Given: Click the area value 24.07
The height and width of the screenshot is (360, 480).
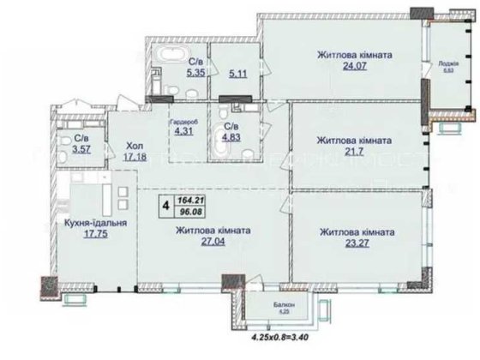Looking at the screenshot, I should (x=355, y=69).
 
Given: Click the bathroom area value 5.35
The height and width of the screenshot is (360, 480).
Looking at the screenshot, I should (x=196, y=73).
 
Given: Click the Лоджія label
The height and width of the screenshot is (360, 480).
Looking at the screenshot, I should (x=447, y=63).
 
